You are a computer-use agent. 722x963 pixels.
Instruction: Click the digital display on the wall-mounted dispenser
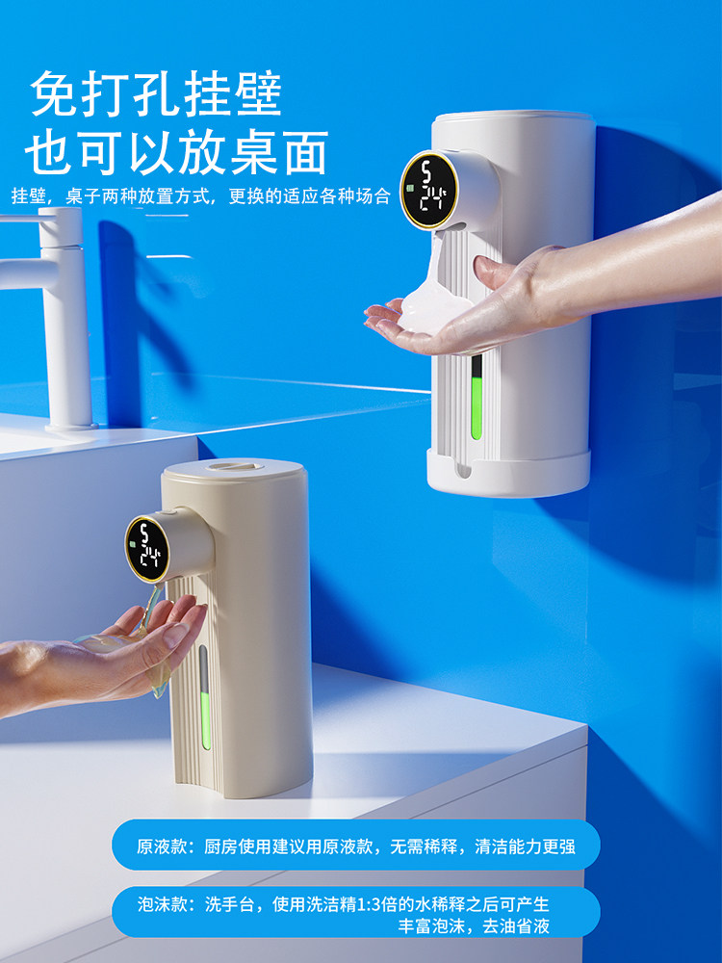tap(427, 191)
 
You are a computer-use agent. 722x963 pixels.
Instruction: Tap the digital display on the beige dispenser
tap(148, 549)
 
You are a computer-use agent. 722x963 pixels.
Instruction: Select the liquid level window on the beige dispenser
tap(203, 693)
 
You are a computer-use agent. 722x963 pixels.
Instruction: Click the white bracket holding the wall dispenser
tap(508, 472)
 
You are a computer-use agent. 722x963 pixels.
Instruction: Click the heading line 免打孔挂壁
tap(156, 93)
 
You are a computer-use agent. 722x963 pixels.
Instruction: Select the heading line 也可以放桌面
tap(176, 151)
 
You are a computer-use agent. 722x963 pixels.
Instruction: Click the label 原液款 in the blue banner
tap(159, 846)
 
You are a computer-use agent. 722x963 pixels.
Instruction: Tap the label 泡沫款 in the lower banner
tap(159, 904)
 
